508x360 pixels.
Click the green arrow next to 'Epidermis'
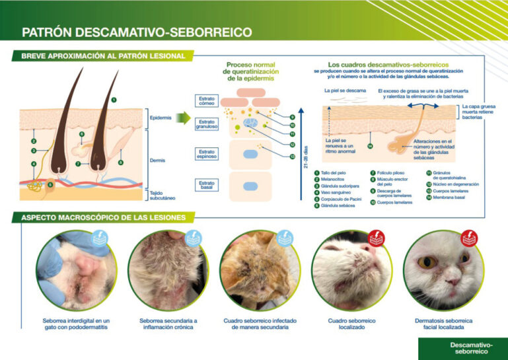click(183, 118)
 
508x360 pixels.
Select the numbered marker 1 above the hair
click(114, 100)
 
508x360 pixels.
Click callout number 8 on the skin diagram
click(121, 162)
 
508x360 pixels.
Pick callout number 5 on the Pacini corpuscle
click(50, 186)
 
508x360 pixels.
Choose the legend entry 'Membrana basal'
click(449, 197)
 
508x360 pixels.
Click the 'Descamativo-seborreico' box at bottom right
click(462, 349)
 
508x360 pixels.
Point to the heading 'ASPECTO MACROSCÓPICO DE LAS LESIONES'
click(103, 217)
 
